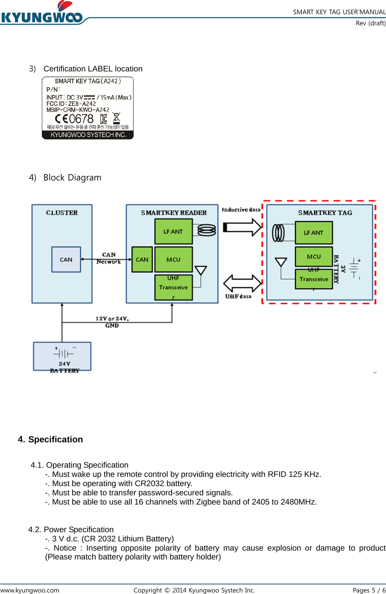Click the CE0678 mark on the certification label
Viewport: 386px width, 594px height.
coord(75,119)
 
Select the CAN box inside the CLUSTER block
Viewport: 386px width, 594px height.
coord(66,260)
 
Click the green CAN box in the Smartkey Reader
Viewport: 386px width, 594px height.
coord(142,260)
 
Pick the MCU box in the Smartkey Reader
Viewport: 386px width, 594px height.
coord(173,260)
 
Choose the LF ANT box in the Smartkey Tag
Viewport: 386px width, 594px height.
coord(313,233)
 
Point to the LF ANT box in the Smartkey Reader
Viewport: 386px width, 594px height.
coord(173,232)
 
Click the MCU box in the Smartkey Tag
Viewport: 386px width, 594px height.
coord(313,256)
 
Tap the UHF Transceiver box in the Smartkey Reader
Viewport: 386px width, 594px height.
coord(173,287)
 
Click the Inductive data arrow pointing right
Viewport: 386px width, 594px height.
coord(242,227)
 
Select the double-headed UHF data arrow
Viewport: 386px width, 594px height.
coord(242,283)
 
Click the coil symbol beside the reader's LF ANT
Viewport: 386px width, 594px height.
coord(207,230)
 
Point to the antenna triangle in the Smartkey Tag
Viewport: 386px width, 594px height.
coord(281,262)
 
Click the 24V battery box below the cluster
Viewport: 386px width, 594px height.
coord(62,356)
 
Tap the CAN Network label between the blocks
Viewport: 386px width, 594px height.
coord(109,258)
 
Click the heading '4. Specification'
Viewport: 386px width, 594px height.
coord(50,439)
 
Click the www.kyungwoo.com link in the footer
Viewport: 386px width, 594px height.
coord(30,590)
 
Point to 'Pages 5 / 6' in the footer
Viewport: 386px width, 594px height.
coord(369,590)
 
